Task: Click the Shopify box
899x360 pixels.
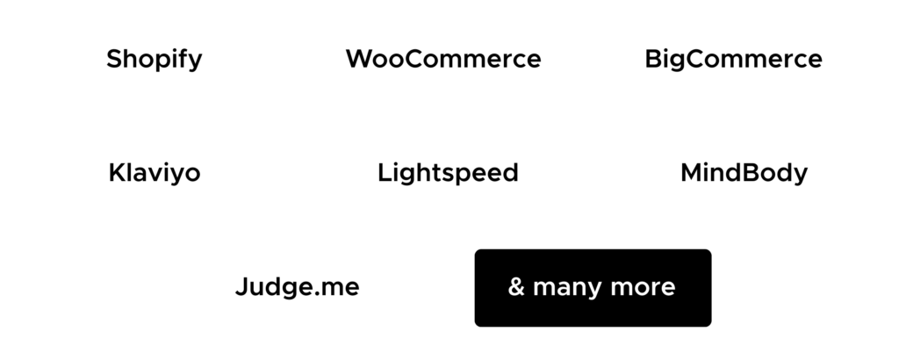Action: [x=154, y=60]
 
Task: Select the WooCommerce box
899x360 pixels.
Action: [x=443, y=60]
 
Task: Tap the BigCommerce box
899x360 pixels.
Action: [x=734, y=60]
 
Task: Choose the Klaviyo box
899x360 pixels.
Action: [x=155, y=173]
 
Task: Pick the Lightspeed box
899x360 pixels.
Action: [x=449, y=173]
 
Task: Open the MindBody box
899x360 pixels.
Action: [x=744, y=173]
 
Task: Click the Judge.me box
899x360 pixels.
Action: [x=298, y=287]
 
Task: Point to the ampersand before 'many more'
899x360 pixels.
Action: [x=516, y=287]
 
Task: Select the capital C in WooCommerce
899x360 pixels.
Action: [x=416, y=60]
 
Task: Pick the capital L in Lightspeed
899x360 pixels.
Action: [x=384, y=173]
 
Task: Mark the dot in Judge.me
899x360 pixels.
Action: [x=319, y=294]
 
